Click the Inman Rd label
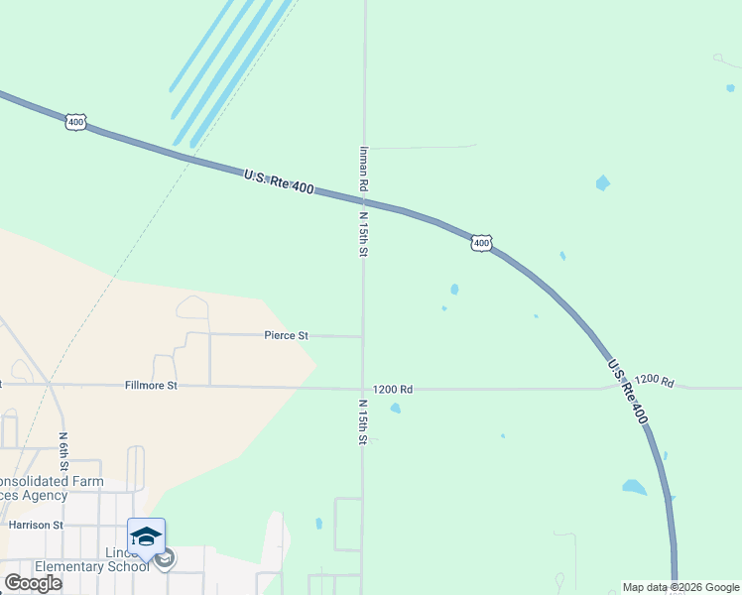pyautogui.click(x=364, y=170)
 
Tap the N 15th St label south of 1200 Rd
pyautogui.click(x=363, y=420)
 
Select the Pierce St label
pyautogui.click(x=286, y=336)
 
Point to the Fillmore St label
pyautogui.click(x=151, y=385)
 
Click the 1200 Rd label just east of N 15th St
pyautogui.click(x=392, y=390)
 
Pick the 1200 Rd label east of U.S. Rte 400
pyautogui.click(x=655, y=381)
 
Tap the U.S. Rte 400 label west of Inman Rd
pyautogui.click(x=279, y=181)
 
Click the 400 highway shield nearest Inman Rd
pyautogui.click(x=481, y=243)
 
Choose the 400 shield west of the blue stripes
pyautogui.click(x=76, y=122)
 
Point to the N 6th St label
pyautogui.click(x=62, y=449)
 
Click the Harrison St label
pyautogui.click(x=36, y=525)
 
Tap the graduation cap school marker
pyautogui.click(x=146, y=536)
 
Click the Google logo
pyautogui.click(x=33, y=583)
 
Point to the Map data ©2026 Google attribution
pyautogui.click(x=680, y=587)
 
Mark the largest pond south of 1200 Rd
pyautogui.click(x=633, y=487)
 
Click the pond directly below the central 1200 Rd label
pyautogui.click(x=396, y=408)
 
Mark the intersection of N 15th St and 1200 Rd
pyautogui.click(x=362, y=388)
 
